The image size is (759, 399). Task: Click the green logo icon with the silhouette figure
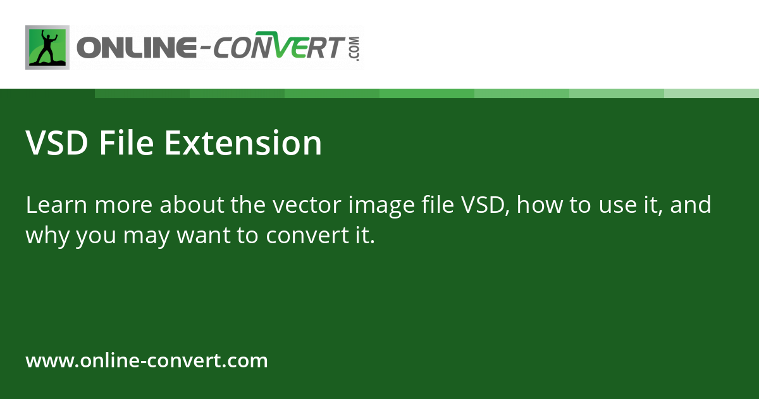[47, 47]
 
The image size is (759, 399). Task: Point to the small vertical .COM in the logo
[354, 49]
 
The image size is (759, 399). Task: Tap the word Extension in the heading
[244, 143]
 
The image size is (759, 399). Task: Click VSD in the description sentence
[484, 205]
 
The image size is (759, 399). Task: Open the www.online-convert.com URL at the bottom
[147, 361]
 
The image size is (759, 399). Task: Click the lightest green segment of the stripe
[712, 93]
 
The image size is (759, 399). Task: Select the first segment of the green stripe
[142, 93]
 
